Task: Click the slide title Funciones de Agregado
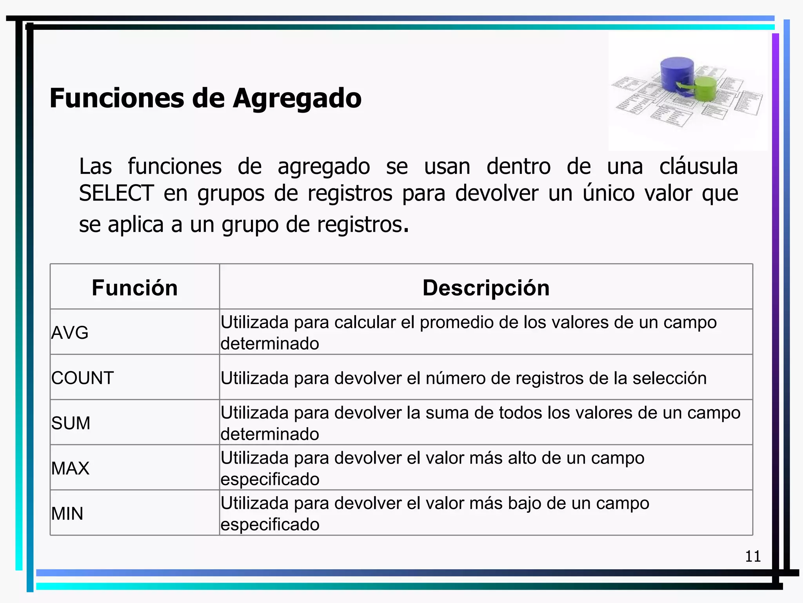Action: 205,98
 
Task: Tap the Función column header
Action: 134,288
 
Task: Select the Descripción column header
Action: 486,288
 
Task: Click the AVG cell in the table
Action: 70,333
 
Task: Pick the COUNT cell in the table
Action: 82,378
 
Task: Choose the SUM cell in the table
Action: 71,423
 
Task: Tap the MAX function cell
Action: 70,468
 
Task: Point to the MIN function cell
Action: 67,513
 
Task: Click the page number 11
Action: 753,556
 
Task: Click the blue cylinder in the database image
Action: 677,74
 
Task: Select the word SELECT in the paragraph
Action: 116,193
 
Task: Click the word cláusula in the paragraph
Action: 698,166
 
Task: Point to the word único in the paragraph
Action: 609,193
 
